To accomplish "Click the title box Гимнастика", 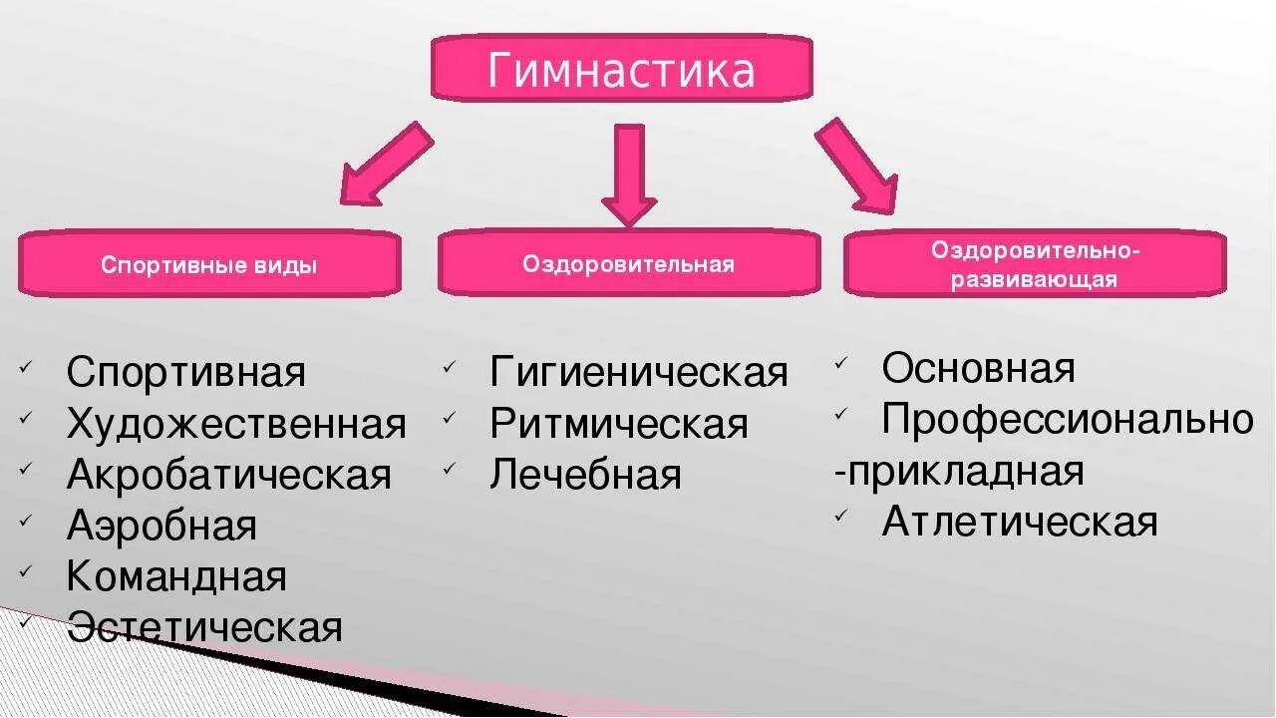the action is tap(621, 69).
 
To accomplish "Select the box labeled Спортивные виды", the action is tap(209, 265).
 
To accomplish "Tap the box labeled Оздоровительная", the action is tap(628, 264).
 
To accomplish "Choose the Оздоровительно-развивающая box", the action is tap(1035, 264).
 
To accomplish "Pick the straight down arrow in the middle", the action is tap(629, 173).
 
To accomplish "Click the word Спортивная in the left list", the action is tap(186, 373).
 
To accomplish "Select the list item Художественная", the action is tap(236, 425).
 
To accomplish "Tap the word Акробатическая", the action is tap(228, 476).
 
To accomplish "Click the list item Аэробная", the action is tap(161, 527).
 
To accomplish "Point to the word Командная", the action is tap(176, 577).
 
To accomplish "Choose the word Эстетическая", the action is tap(204, 628).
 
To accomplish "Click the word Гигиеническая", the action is tap(639, 373).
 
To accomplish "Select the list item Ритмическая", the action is tap(618, 425).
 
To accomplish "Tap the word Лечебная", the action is tap(585, 476).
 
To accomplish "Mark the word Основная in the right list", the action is tap(978, 369).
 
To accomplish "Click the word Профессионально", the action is tap(1068, 420).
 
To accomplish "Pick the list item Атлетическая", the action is tap(1020, 522).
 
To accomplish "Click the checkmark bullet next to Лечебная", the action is tap(450, 467).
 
